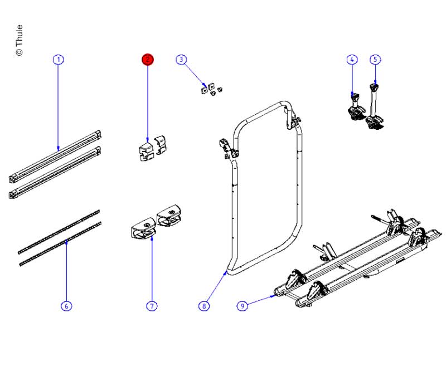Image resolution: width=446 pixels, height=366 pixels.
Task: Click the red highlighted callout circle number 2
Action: coord(147,60)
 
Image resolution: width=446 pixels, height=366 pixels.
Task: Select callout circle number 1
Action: coord(59,60)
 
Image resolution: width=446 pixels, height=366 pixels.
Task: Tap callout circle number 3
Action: coord(181,60)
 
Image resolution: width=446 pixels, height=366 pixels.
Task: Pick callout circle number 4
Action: coord(352,60)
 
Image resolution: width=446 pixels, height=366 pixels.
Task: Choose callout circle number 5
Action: coord(375,60)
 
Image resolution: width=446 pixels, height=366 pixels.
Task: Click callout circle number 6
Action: coord(66,306)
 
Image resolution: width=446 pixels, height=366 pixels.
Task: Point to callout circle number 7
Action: coord(152,306)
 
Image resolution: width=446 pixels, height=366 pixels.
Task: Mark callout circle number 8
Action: coord(205,306)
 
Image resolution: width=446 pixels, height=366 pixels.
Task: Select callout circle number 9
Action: coord(242,306)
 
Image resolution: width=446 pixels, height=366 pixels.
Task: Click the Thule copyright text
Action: coord(20,40)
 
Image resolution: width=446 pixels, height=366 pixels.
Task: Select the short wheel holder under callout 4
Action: coord(354,108)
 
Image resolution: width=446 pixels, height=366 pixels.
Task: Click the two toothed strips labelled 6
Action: coord(59,237)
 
